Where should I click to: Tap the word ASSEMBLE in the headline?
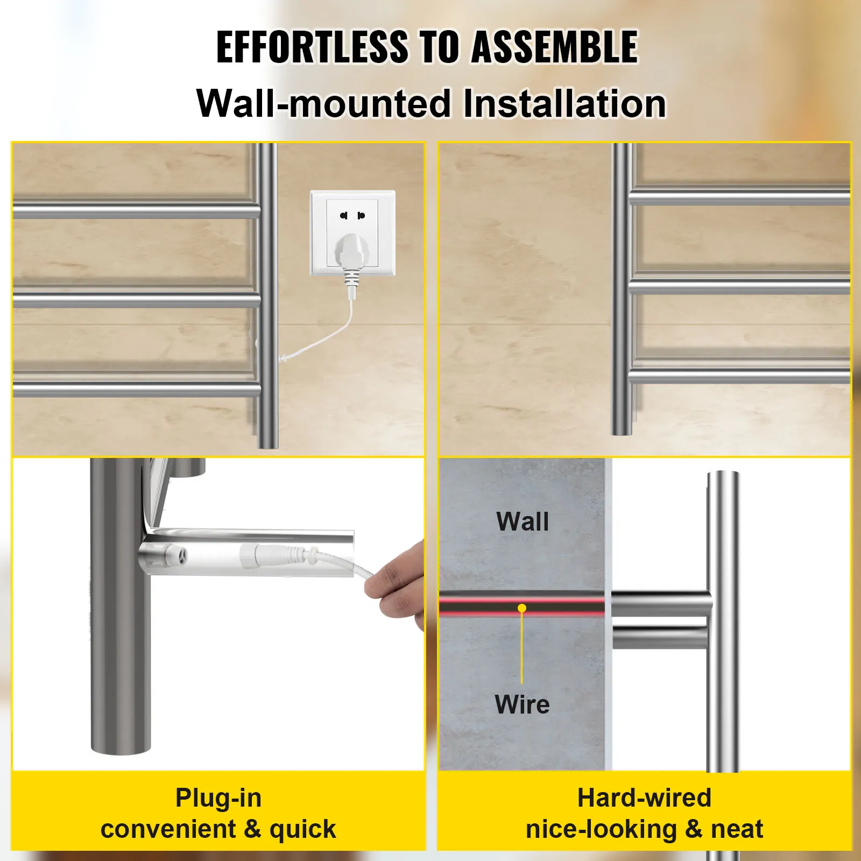point(555,47)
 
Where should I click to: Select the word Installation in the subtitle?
point(564,103)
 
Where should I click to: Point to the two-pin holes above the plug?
point(352,215)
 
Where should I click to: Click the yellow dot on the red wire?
point(521,608)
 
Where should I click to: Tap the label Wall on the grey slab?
point(523,521)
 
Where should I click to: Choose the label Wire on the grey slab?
point(522,704)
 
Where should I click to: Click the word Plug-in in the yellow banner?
point(218,798)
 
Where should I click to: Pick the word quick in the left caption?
point(302,829)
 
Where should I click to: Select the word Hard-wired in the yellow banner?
point(644,798)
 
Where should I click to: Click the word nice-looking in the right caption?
point(601,829)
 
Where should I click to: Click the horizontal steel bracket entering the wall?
point(661,620)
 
